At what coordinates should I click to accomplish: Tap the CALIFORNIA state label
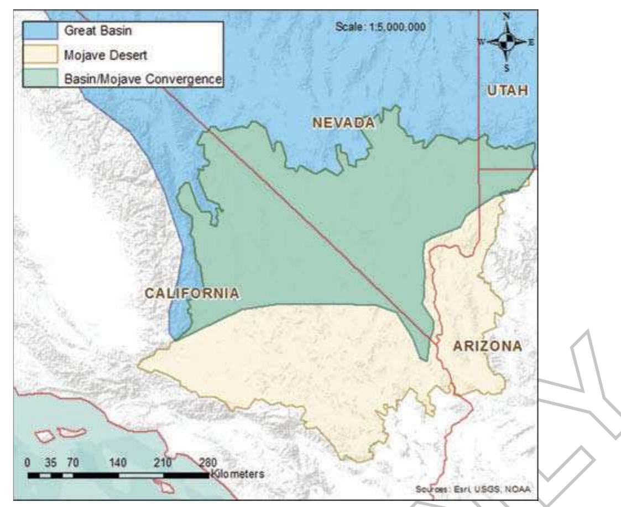click(x=191, y=293)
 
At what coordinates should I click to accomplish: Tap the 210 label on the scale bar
click(x=164, y=462)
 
